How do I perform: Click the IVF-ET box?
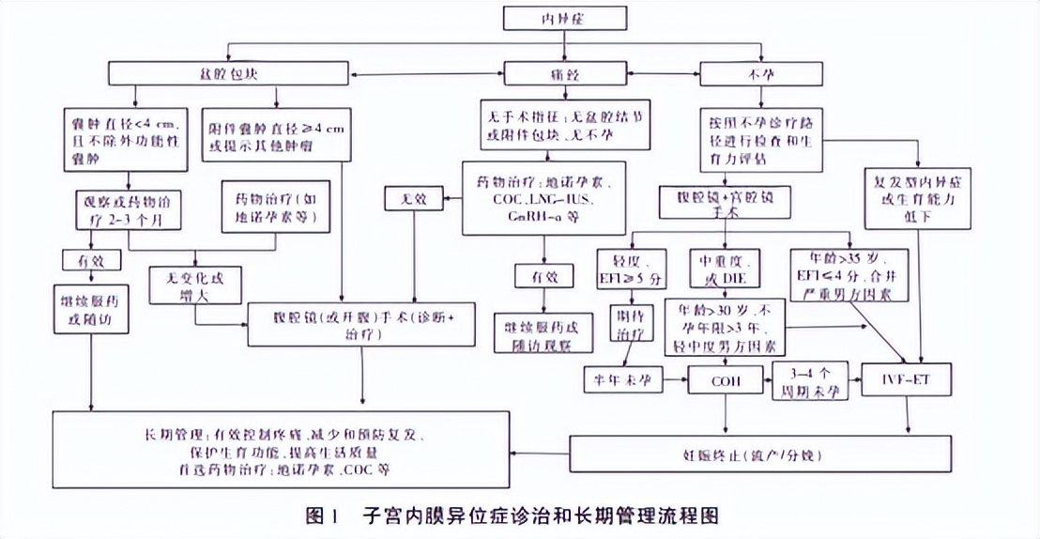[909, 380]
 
